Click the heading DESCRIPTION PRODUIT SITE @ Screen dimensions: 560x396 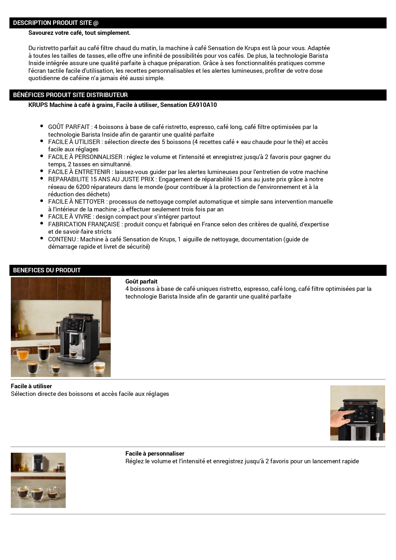coord(56,23)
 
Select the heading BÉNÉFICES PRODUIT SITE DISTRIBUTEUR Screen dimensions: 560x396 coord(70,95)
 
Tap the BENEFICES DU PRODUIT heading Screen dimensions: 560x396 coord(47,270)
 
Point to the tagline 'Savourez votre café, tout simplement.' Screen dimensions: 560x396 coord(79,33)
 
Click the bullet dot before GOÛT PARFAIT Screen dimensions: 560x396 coord(42,126)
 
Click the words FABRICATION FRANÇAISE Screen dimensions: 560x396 coord(84,224)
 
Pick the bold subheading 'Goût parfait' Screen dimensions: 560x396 coord(141,282)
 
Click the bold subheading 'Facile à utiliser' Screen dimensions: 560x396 coord(31,386)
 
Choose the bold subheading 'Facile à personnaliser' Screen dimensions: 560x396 coord(155,454)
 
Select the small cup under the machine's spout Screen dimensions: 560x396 coord(73,353)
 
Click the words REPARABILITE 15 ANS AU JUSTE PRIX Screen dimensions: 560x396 coord(101,179)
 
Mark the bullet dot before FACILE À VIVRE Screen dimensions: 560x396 coord(42,216)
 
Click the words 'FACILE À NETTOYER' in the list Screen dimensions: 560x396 coord(76,202)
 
